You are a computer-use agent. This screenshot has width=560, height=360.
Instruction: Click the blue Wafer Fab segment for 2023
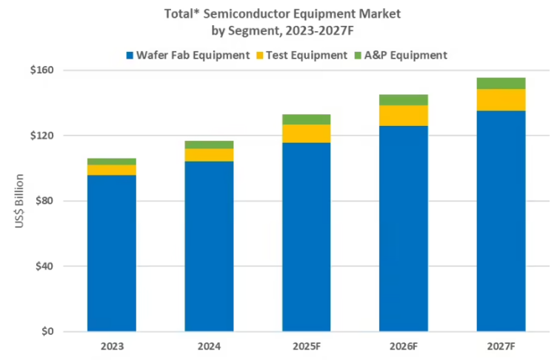click(112, 252)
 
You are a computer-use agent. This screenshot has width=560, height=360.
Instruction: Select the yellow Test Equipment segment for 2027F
click(501, 99)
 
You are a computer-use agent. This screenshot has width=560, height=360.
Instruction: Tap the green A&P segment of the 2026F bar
click(404, 100)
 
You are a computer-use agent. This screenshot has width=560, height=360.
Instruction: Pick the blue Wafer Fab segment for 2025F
click(307, 237)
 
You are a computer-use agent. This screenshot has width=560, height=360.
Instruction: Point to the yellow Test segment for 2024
click(209, 154)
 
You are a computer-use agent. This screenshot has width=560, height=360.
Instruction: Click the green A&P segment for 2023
click(112, 161)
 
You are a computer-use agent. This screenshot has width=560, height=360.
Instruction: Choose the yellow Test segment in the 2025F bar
click(307, 133)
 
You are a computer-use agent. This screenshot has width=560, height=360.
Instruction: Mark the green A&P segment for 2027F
click(501, 83)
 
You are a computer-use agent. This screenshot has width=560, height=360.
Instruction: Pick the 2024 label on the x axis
click(209, 347)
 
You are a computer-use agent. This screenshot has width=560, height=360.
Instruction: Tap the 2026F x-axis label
click(404, 347)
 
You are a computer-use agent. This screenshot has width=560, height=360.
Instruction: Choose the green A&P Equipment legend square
click(359, 55)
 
